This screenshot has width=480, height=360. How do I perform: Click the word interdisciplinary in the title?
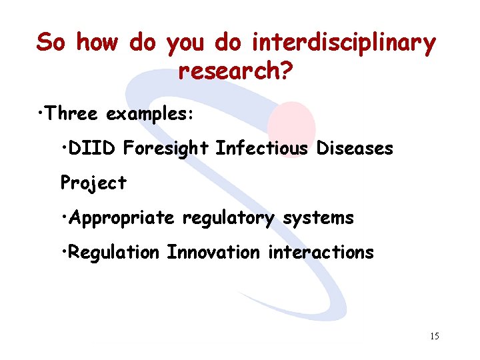(343, 43)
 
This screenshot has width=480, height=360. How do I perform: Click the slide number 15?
(434, 337)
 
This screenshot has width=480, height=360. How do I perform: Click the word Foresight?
(166, 149)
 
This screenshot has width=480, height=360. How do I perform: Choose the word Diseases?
(355, 148)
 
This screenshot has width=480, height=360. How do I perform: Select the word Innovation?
(213, 253)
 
